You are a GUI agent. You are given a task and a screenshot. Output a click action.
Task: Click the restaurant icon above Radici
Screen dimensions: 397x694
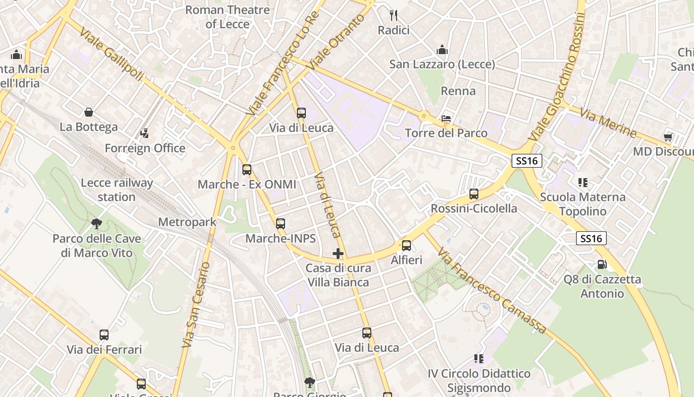click(x=394, y=15)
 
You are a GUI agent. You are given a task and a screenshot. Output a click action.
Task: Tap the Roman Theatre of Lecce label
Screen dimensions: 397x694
click(x=228, y=17)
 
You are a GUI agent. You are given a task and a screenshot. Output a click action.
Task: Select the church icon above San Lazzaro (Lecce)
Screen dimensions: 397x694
click(x=442, y=50)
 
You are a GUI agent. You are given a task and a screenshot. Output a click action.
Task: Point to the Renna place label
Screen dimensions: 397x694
click(x=458, y=91)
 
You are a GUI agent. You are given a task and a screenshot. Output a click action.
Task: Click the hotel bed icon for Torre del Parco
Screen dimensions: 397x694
click(x=446, y=119)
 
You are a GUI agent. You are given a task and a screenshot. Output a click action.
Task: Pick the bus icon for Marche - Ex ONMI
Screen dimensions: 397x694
click(x=247, y=170)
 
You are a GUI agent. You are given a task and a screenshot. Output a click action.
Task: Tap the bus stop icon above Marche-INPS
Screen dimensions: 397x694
click(x=281, y=224)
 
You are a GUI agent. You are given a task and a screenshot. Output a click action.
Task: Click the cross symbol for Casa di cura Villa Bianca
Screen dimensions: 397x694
click(x=338, y=254)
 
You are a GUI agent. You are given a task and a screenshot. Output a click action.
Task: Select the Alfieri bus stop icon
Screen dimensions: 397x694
click(x=406, y=245)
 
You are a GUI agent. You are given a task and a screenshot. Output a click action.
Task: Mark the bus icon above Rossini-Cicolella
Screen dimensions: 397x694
click(x=474, y=194)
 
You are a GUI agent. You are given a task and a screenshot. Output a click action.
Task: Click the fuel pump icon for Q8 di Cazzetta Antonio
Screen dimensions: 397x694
click(x=602, y=265)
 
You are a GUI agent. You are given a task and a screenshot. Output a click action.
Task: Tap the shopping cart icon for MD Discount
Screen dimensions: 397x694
click(x=668, y=137)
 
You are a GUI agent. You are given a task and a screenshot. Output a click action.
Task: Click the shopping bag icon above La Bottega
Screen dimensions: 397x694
click(x=89, y=112)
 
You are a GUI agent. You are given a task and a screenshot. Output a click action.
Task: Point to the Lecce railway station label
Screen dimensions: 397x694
click(x=116, y=190)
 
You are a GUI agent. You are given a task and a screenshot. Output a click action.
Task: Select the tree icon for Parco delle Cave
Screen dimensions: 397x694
click(x=97, y=224)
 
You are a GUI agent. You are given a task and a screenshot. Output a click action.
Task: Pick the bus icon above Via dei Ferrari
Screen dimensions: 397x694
click(x=104, y=335)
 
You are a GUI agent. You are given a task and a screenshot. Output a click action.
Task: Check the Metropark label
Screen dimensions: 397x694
click(x=187, y=222)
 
